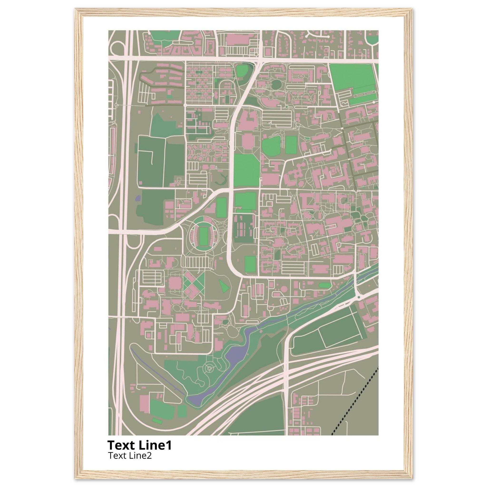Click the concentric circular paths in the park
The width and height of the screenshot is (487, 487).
[209, 369]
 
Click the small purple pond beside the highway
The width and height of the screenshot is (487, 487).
[138, 198]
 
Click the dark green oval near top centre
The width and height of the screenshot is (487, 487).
[277, 84]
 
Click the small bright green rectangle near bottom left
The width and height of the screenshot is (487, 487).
[157, 420]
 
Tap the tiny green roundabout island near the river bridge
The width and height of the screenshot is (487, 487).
[358, 297]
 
